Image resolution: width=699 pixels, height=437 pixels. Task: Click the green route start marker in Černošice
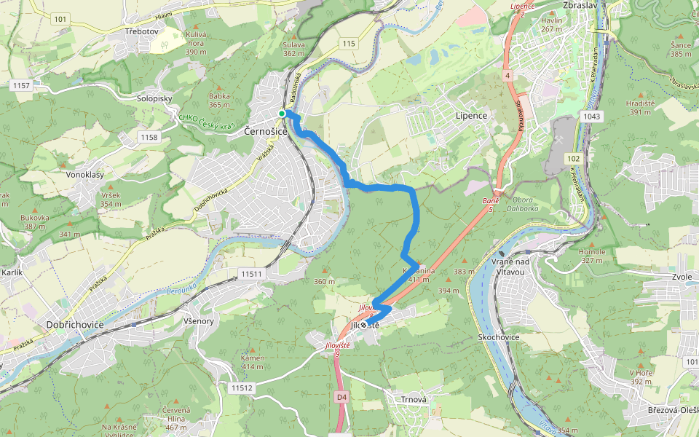pos(281,113)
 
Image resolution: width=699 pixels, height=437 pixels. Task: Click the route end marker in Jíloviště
pos(363,325)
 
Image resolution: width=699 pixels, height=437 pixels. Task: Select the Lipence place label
pos(470,116)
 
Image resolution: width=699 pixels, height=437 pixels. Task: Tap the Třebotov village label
pos(141,32)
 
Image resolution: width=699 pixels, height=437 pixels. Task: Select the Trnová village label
pos(407,400)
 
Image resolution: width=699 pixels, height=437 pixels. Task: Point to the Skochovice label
pos(499,339)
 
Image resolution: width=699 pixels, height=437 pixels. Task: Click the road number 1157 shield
pos(21,86)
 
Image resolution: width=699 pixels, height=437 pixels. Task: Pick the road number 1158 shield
pos(149,137)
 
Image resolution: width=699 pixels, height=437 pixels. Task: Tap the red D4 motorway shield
pos(342,397)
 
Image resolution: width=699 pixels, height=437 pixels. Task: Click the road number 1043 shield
pos(591,117)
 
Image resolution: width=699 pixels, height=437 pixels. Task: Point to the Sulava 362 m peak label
pos(293,48)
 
